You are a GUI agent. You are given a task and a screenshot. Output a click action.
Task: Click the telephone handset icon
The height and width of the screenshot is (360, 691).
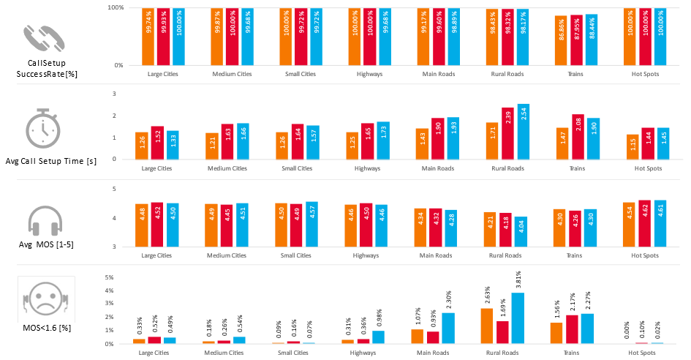44,39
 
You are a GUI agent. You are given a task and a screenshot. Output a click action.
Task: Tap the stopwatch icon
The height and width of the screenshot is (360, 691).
44,129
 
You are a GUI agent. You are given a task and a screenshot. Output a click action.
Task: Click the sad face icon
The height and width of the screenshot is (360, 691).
46,299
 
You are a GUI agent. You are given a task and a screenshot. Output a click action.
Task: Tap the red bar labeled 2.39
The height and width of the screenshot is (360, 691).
507,133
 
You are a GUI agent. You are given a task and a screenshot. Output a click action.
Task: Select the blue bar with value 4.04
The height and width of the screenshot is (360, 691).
523,232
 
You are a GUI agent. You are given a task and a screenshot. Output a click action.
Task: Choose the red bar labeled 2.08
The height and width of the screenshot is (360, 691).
577,136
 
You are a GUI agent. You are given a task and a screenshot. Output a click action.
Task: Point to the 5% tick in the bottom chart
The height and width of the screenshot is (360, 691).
109,278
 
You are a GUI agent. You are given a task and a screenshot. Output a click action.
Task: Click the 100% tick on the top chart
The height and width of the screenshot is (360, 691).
115,7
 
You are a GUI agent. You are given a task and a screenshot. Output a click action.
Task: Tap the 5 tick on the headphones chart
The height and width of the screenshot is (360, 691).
114,189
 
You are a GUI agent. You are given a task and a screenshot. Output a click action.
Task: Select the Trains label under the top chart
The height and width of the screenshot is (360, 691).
575,74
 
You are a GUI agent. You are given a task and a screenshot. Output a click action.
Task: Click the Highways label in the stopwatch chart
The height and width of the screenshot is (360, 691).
367,168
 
